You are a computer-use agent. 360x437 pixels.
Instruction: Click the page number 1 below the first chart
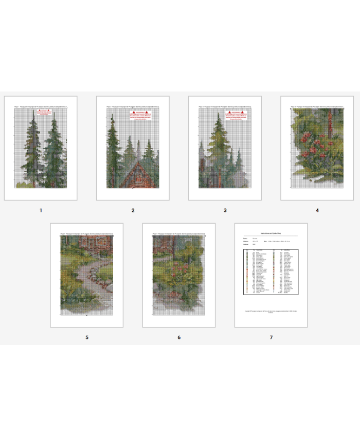(41, 210)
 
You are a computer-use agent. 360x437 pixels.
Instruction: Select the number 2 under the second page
(133, 210)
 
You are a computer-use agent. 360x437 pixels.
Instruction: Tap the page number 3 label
(225, 210)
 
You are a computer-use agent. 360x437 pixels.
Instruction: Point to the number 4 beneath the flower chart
(317, 210)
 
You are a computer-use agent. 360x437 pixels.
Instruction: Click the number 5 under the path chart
(86, 338)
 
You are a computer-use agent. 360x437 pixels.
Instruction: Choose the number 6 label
(179, 338)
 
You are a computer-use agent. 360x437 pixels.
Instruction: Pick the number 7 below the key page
(271, 338)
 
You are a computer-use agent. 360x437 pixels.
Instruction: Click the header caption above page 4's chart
(317, 107)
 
